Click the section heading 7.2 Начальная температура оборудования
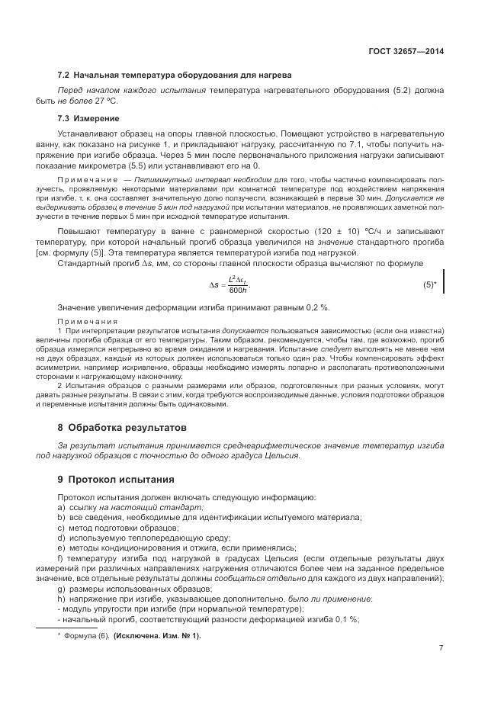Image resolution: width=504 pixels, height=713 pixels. tap(165, 75)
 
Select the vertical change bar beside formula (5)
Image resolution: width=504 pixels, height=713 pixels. tap(443, 280)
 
